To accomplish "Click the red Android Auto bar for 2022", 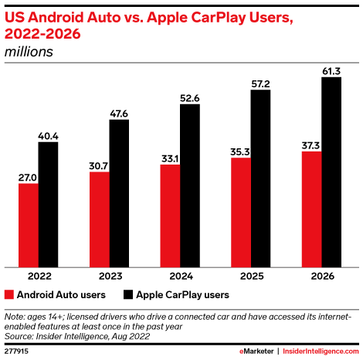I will [28, 224].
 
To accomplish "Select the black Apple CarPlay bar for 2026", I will [331, 171].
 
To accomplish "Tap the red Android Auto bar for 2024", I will [170, 215].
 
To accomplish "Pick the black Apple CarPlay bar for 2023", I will [119, 192].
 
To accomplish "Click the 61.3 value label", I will [331, 70].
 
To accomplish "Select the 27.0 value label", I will [28, 176].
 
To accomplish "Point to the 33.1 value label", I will [170, 158].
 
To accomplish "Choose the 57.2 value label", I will [260, 83].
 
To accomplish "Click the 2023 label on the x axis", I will [110, 275].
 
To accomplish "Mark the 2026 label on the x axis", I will [321, 275].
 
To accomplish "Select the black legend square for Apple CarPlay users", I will [128, 294].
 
